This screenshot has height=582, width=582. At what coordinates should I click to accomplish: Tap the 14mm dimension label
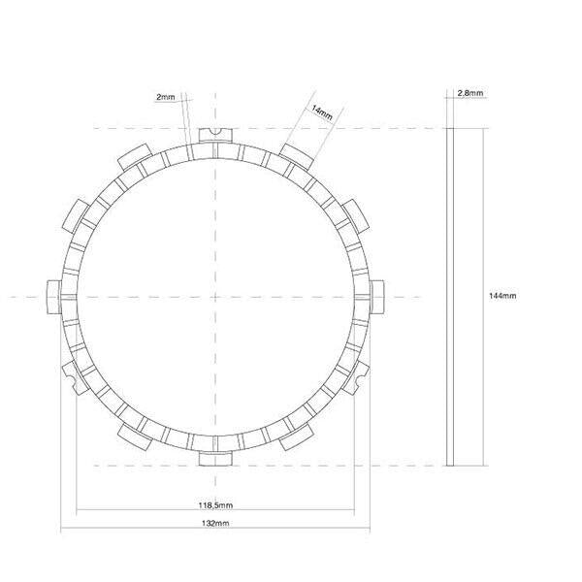(x=322, y=113)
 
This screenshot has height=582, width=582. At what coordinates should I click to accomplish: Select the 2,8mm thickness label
(x=470, y=93)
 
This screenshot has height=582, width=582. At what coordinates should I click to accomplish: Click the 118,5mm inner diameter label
(x=214, y=505)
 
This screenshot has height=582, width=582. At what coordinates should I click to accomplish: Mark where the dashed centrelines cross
(x=214, y=297)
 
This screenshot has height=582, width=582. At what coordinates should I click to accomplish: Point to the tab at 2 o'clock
(x=353, y=212)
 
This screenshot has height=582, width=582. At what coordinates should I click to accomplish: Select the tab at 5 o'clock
(x=296, y=436)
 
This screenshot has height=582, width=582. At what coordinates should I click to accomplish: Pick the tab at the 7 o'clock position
(x=134, y=436)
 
